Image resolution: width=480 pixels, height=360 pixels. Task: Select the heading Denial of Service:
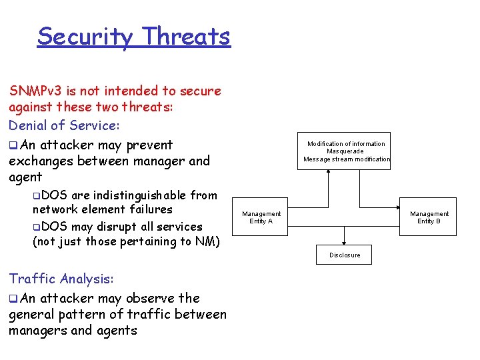click(x=64, y=125)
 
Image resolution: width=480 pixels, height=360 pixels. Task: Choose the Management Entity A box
click(x=261, y=217)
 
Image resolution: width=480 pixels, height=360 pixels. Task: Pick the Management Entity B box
click(x=429, y=217)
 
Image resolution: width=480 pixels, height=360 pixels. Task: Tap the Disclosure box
click(x=345, y=255)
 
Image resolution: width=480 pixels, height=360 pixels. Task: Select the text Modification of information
click(x=346, y=144)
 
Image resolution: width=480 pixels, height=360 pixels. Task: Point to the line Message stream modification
click(x=346, y=159)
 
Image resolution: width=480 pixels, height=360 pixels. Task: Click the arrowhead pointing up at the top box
click(x=329, y=173)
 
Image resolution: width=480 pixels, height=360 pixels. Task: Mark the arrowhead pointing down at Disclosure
click(x=345, y=243)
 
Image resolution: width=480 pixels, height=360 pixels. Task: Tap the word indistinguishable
click(x=140, y=195)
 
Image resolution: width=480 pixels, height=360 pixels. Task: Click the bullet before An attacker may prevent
click(x=13, y=145)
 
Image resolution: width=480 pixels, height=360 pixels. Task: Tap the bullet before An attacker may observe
click(x=13, y=299)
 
